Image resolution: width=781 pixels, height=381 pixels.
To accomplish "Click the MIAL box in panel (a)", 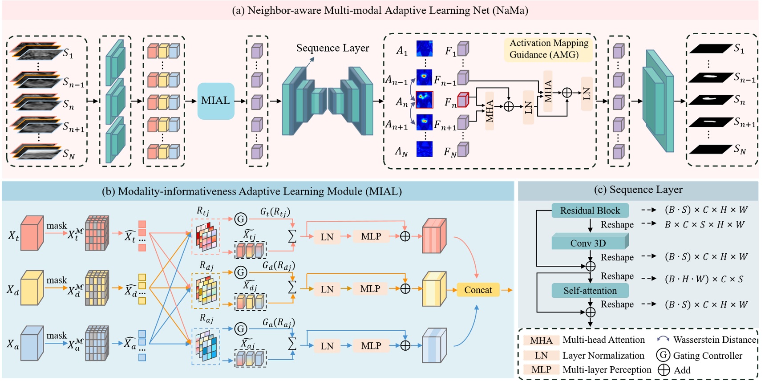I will point(216,101).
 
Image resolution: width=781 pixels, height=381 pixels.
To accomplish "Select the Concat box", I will point(478,290).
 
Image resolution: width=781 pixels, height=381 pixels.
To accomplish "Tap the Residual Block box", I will point(590,211).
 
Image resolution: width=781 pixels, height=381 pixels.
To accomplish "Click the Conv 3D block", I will point(589,243).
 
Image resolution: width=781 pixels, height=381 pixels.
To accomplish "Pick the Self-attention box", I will point(590,291).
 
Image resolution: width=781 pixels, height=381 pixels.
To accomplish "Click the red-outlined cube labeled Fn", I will point(463,100).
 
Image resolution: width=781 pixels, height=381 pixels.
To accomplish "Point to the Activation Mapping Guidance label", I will point(548,49).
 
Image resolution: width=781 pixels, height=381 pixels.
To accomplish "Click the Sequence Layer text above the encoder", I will point(332,48).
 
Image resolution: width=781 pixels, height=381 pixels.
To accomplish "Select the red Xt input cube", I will point(32,234).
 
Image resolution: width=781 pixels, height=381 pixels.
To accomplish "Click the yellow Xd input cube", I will point(32,289).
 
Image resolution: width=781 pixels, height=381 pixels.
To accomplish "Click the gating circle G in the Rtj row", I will point(241,219).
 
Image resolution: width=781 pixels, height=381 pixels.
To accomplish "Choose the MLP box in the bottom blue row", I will point(371,346).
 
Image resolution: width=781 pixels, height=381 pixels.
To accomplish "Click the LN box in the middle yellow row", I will point(327,289).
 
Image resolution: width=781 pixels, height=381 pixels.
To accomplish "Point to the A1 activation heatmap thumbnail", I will point(424,49).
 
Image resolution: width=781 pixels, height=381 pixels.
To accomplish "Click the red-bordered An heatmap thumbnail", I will point(424,100).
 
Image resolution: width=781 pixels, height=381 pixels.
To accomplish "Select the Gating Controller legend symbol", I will point(663,355).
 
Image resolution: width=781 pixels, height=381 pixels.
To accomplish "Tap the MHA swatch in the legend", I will point(541,340).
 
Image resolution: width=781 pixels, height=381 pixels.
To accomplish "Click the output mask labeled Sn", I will point(710,100).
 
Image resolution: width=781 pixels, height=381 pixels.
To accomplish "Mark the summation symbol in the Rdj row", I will point(292,287).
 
